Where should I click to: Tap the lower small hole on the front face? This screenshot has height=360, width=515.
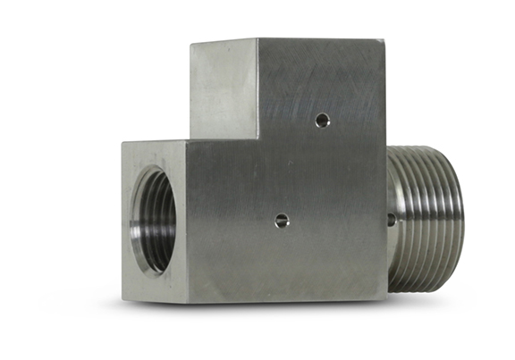(282, 220)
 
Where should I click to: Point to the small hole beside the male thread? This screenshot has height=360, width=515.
(392, 218)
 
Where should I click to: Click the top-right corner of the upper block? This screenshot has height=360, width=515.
(385, 39)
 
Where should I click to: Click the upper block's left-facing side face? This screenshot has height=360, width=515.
(224, 89)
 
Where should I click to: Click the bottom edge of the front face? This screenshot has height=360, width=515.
(286, 298)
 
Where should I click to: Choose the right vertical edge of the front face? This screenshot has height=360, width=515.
(386, 179)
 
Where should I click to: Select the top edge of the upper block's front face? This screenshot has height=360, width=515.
(322, 39)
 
